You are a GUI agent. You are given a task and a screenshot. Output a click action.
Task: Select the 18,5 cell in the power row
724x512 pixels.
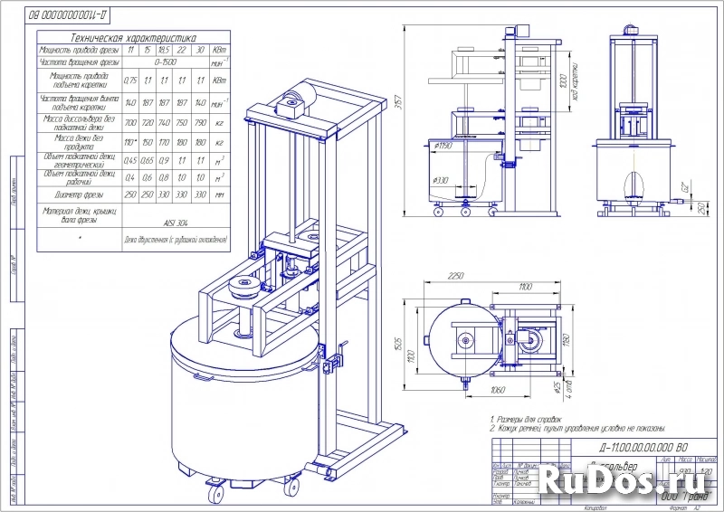pos(165,51)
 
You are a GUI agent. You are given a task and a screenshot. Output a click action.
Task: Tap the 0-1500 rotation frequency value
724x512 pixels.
pos(165,63)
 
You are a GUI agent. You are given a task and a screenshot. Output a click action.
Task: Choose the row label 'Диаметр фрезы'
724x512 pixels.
pos(77,194)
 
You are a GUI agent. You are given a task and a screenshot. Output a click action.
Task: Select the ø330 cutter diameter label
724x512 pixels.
pos(440,181)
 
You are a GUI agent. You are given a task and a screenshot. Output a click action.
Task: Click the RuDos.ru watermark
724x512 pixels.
pos(633,477)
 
